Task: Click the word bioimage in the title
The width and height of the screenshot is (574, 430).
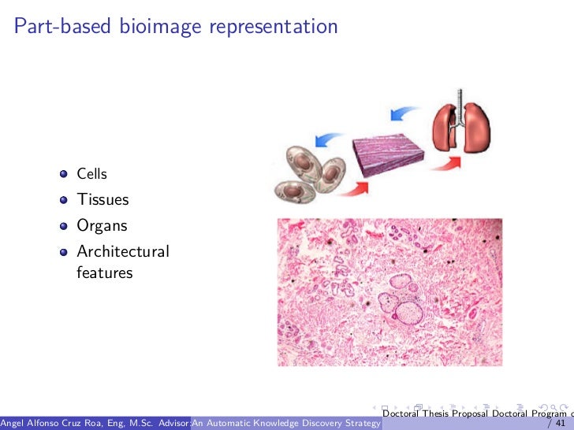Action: point(160,27)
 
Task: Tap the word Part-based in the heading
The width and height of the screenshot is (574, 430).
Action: point(63,27)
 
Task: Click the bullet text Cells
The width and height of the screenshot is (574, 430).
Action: point(91,173)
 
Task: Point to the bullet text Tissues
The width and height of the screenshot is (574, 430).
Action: point(102,199)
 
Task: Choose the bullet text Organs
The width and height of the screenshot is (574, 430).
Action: point(102,225)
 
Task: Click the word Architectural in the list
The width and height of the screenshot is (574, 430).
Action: point(123,252)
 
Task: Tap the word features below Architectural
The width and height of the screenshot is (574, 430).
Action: point(105,273)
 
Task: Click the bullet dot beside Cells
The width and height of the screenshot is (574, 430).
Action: point(63,174)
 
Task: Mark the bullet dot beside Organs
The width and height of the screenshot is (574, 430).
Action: point(63,226)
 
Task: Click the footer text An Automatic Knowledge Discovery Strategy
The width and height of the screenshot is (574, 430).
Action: point(286,424)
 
